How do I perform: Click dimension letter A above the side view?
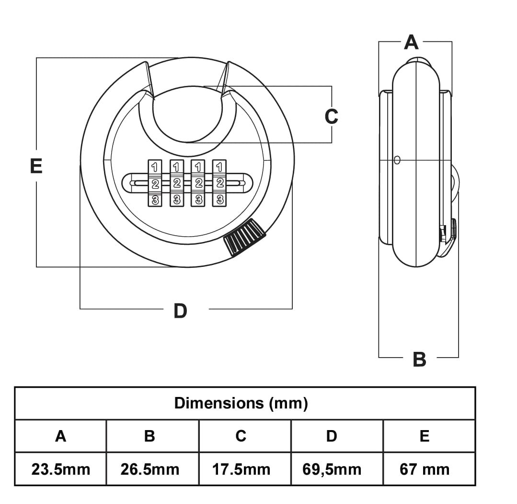[411, 42]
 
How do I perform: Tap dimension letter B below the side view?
[419, 359]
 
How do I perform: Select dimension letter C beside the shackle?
[331, 116]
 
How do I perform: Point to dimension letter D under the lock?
[180, 311]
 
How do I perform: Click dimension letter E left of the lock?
[36, 166]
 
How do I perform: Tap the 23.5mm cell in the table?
[60, 469]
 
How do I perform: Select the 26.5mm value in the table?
[150, 469]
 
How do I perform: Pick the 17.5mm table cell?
[241, 469]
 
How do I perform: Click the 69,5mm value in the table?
[332, 469]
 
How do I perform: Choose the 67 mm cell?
[425, 469]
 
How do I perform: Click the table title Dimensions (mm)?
[241, 403]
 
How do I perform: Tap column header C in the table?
[241, 436]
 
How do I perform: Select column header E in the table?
[425, 436]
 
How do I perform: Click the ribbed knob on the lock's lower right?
[244, 238]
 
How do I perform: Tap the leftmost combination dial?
[155, 183]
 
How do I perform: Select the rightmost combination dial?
[219, 183]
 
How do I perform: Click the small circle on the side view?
[397, 160]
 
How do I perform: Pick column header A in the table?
[60, 436]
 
